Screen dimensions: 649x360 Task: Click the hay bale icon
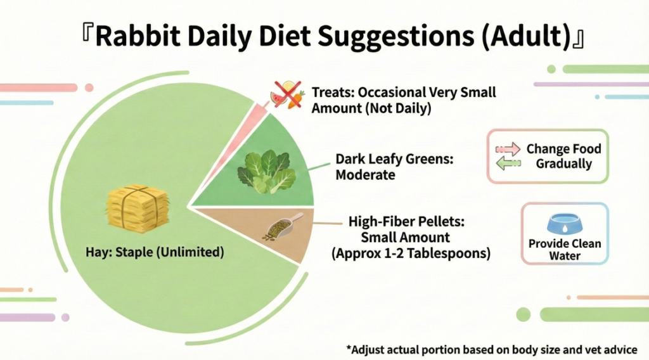[138, 206]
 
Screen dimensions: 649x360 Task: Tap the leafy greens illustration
[267, 172]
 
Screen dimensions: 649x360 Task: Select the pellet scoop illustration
[283, 227]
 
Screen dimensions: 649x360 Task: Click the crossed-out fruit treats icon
[288, 95]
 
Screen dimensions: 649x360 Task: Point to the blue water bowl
[565, 224]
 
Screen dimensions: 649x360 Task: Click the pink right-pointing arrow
[508, 149]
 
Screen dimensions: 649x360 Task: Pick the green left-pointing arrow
[508, 163]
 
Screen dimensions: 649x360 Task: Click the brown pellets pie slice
[265, 232]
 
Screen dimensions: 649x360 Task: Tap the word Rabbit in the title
[138, 36]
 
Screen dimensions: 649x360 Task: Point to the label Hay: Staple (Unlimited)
[155, 252]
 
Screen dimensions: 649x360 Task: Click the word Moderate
[365, 175]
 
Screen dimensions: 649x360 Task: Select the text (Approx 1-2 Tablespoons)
[411, 254]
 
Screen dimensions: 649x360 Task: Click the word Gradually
[563, 164]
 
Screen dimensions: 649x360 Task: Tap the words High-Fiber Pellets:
[406, 221]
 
